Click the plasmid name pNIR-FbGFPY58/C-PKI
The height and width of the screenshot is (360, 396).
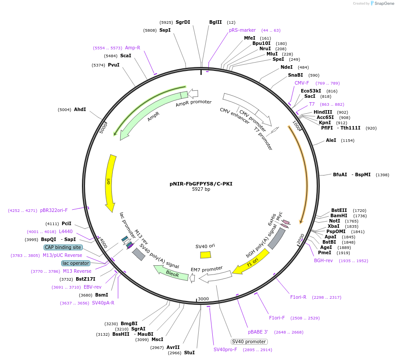[x=201, y=184]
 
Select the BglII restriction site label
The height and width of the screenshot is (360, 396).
[x=215, y=22]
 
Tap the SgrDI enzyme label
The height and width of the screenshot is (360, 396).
[x=183, y=22]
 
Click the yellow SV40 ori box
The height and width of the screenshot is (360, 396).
[x=205, y=255]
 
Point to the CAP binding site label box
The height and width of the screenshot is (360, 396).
[x=63, y=247]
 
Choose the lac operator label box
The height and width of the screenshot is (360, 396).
[x=76, y=263]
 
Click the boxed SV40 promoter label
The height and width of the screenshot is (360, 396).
[x=249, y=341]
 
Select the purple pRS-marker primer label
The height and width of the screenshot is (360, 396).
[x=242, y=30]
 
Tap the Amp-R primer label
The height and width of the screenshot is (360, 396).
[x=133, y=48]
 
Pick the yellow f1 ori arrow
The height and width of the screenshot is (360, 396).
[x=251, y=262]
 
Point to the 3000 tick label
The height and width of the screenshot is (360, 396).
[x=203, y=299]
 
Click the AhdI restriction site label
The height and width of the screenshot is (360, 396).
[x=80, y=109]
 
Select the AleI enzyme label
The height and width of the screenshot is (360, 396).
[x=331, y=140]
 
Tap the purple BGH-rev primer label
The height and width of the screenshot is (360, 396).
[x=323, y=260]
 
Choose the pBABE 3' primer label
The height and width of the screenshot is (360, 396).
[x=258, y=332]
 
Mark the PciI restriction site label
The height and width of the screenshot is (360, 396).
[x=67, y=223]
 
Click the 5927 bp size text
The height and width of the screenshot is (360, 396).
[x=201, y=189]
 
